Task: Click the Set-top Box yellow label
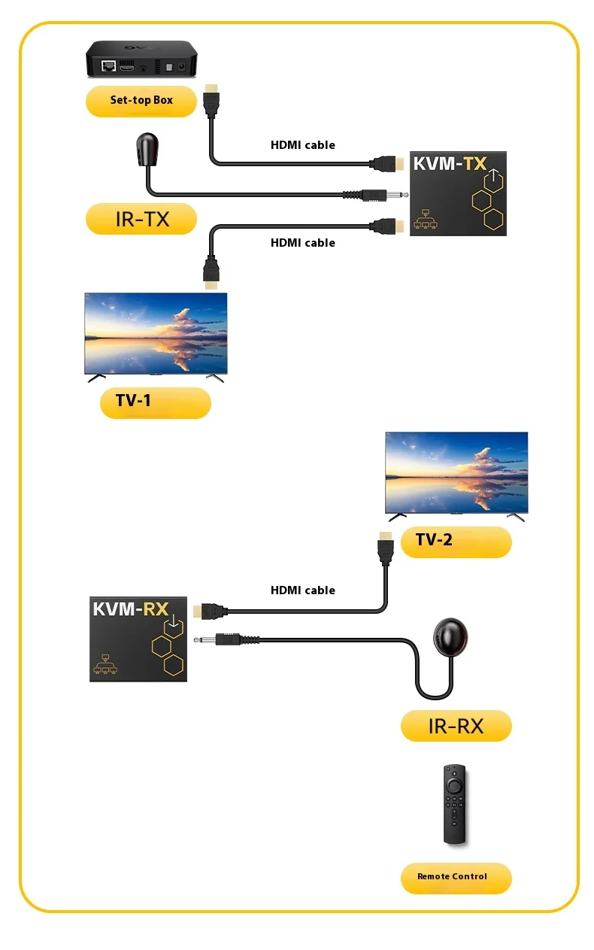pyautogui.click(x=141, y=101)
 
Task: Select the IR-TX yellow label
pyautogui.click(x=141, y=219)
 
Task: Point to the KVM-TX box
pyautogui.click(x=458, y=193)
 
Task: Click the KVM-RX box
pyautogui.click(x=138, y=639)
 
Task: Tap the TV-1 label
pyautogui.click(x=155, y=402)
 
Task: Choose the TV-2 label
pyautogui.click(x=456, y=541)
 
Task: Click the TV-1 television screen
pyautogui.click(x=156, y=332)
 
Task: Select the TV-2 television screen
pyautogui.click(x=456, y=472)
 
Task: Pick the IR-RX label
pyautogui.click(x=456, y=726)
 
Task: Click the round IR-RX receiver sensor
pyautogui.click(x=449, y=636)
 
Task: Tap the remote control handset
pyautogui.click(x=453, y=804)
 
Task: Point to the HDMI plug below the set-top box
pyautogui.click(x=211, y=102)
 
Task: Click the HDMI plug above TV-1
pyautogui.click(x=213, y=272)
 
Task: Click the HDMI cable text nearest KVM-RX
pyautogui.click(x=303, y=590)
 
